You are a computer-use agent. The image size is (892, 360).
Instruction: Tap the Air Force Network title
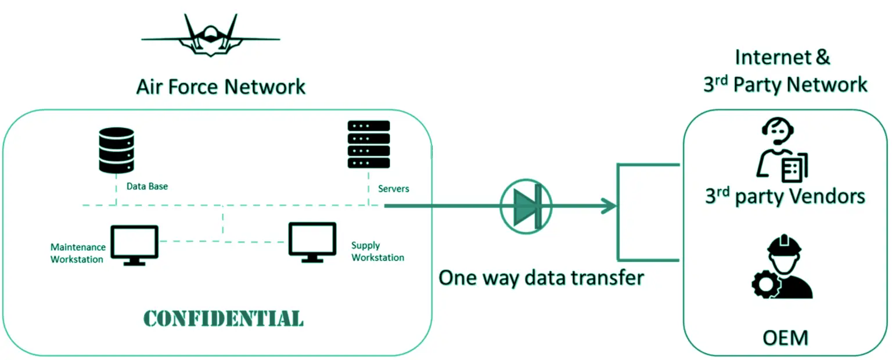[221, 87]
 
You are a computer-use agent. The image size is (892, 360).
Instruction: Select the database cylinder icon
[116, 150]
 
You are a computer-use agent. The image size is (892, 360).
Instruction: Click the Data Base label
[148, 187]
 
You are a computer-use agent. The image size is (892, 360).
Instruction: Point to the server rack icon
[369, 145]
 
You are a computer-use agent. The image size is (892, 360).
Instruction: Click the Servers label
[393, 189]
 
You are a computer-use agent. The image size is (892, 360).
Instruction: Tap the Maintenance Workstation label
[77, 253]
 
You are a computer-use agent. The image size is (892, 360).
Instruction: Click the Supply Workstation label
[377, 251]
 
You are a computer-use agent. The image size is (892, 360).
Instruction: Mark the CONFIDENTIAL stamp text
[223, 319]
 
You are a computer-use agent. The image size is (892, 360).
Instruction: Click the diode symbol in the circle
[526, 205]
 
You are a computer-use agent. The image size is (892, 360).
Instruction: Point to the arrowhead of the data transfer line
[609, 206]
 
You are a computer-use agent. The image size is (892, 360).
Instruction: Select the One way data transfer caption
[541, 278]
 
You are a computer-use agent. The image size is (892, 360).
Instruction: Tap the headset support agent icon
[783, 152]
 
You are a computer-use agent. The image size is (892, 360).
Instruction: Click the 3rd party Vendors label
[785, 197]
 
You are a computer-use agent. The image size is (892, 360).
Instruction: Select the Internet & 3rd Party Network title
[785, 71]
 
